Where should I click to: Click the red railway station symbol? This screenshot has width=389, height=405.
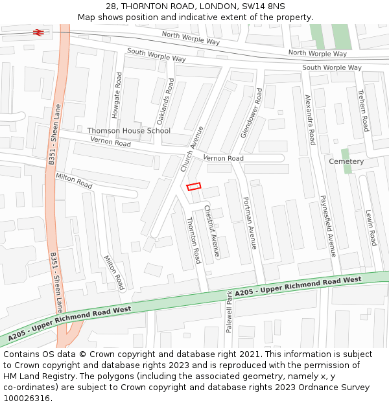[x=39, y=31]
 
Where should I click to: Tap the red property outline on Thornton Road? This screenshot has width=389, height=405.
[x=194, y=187]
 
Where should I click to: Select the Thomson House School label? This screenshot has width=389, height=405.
[x=129, y=131]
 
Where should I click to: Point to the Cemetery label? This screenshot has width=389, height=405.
[x=346, y=161]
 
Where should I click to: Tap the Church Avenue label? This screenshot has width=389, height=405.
[x=193, y=150]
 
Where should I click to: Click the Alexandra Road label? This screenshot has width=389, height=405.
[x=311, y=120]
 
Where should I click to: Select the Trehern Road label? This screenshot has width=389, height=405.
[x=363, y=111]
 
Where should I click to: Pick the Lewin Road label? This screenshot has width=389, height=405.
[x=370, y=227]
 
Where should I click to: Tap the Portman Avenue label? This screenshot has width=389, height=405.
[x=250, y=223]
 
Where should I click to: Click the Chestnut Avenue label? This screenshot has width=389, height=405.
[x=212, y=231]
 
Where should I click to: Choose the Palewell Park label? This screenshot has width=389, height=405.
[x=229, y=312]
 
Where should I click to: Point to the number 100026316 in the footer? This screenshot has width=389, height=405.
[x=27, y=399]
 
